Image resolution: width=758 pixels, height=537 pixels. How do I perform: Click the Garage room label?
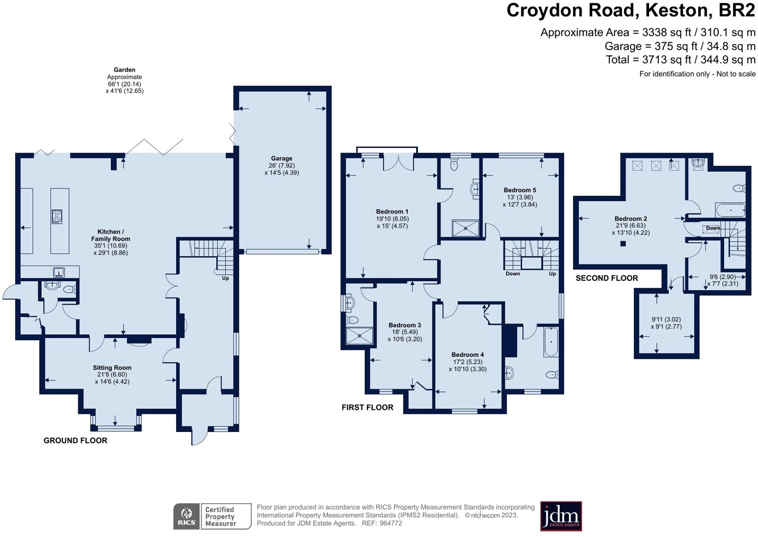(281, 158)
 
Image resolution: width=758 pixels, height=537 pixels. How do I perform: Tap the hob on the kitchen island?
(57, 216)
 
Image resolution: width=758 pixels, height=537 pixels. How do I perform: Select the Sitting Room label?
(112, 368)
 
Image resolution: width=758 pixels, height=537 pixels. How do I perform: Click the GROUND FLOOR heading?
(76, 440)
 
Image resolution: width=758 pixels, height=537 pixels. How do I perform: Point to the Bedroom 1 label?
(392, 212)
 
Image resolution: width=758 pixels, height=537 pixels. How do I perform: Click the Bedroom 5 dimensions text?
(520, 201)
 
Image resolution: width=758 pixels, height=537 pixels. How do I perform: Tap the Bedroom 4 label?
(468, 354)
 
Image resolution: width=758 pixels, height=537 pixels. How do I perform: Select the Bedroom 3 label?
(405, 325)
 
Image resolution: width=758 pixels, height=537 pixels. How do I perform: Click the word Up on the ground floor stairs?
(225, 278)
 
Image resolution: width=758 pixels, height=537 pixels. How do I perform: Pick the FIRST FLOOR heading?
(367, 407)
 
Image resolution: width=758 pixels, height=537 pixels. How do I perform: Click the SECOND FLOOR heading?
(607, 278)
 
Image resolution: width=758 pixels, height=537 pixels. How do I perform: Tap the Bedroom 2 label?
(630, 218)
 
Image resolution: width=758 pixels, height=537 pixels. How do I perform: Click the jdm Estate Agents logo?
(561, 516)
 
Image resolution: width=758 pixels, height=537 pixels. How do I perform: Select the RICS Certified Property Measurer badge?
(212, 516)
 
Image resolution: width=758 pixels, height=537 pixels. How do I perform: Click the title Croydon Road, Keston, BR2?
(630, 10)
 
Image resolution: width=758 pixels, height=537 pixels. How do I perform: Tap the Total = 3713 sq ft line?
(680, 60)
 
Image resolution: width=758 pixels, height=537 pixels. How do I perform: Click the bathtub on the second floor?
(731, 210)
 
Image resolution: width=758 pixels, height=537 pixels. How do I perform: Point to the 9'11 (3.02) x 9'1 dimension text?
(666, 323)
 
